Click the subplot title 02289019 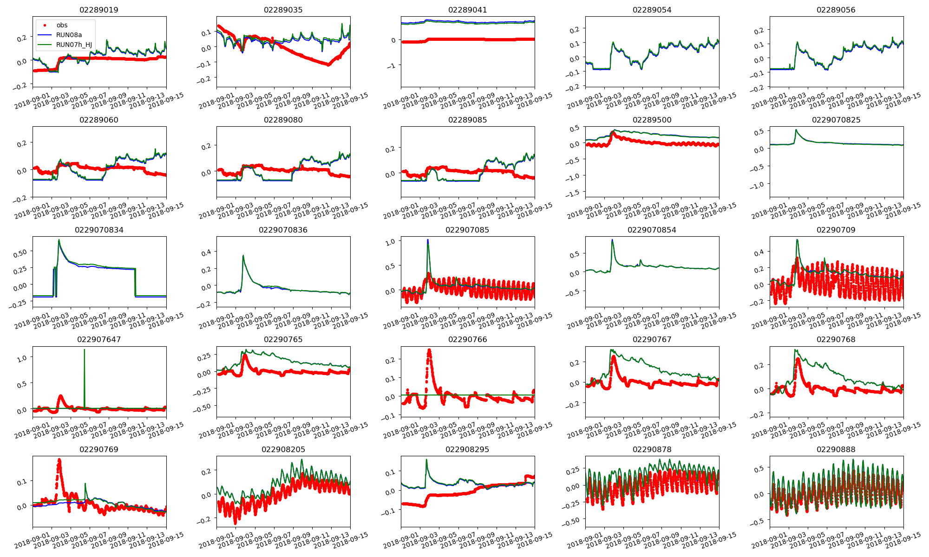(99, 10)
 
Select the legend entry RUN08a (69, 35)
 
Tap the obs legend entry (62, 25)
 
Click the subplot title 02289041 (467, 10)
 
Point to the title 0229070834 (99, 230)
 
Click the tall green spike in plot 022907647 (84, 350)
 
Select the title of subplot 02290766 (467, 339)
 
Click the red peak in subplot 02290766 (429, 350)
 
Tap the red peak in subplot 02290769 (59, 460)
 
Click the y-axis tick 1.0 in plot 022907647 (22, 358)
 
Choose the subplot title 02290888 (836, 449)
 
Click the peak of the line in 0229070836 (243, 256)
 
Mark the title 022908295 (467, 449)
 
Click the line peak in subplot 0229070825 (796, 130)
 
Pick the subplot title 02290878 (652, 449)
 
